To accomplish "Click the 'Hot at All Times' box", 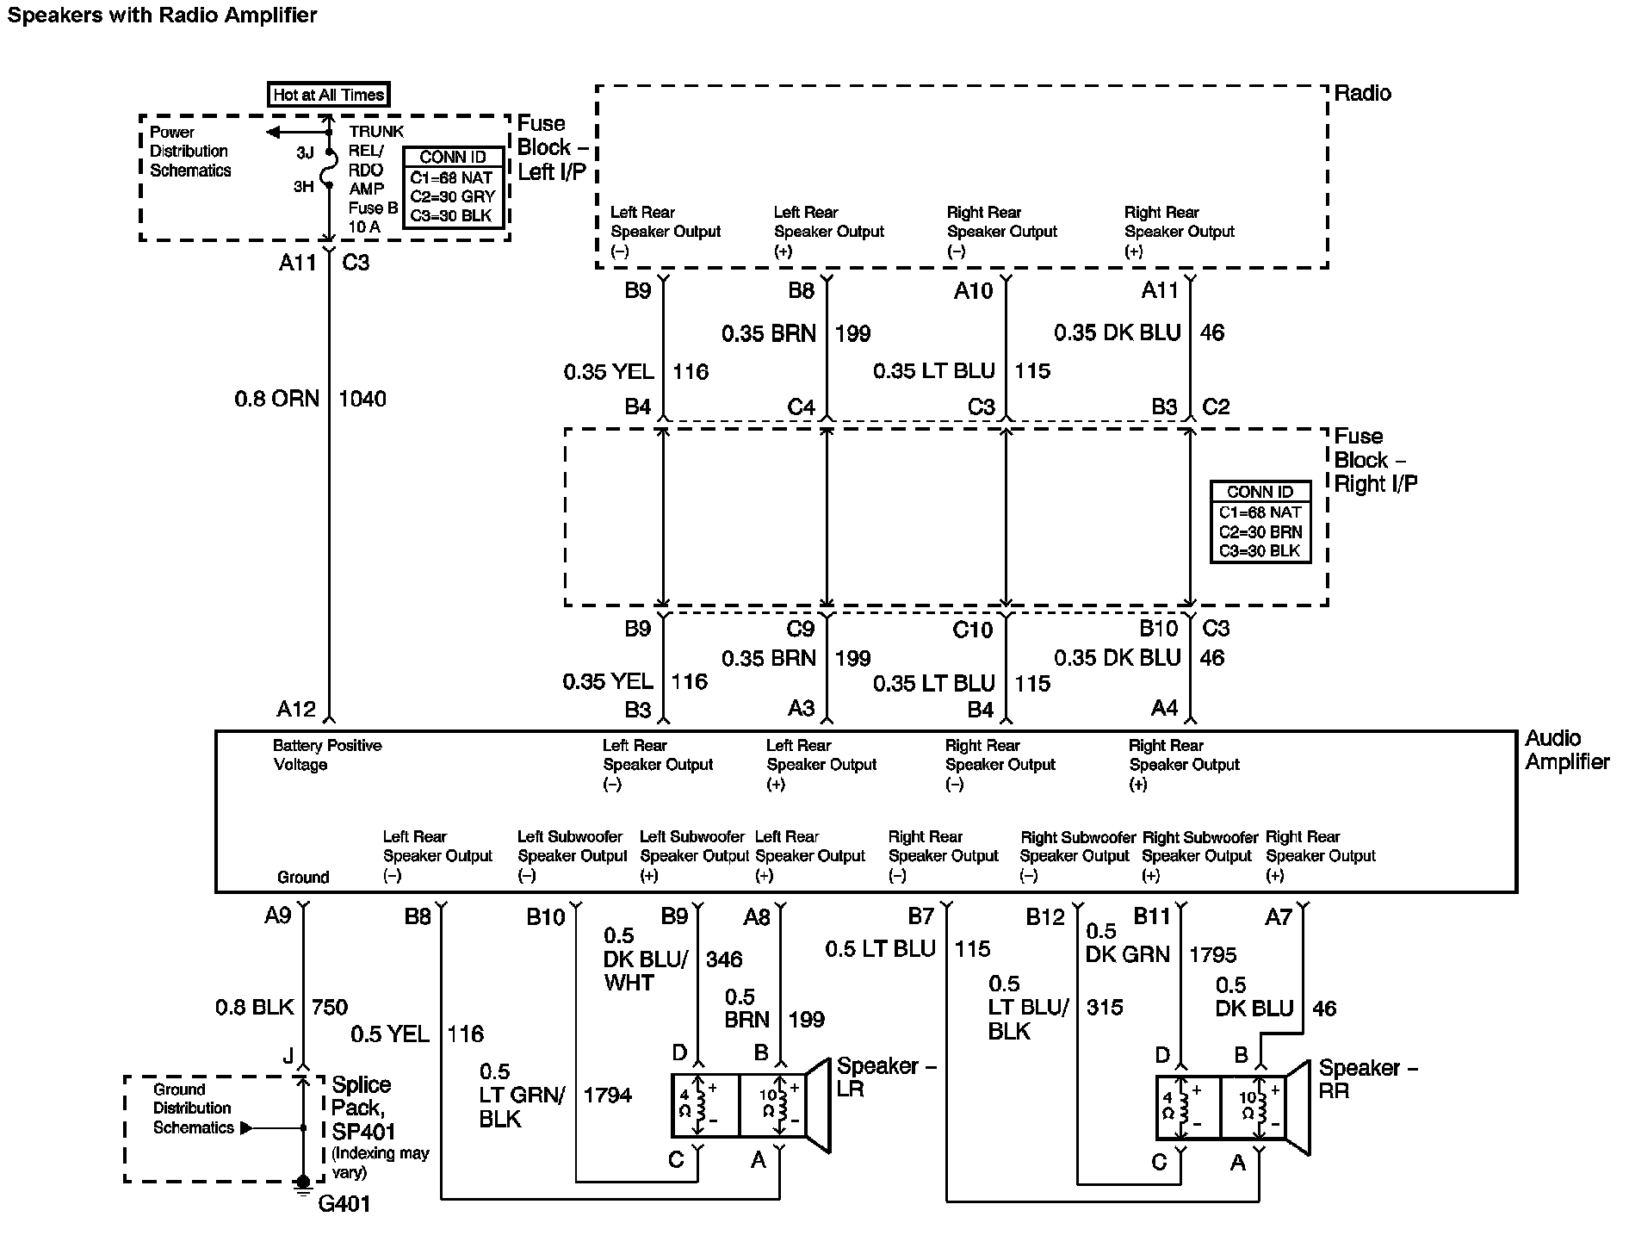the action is pyautogui.click(x=328, y=95).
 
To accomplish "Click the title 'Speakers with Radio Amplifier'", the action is pyautogui.click(x=163, y=16).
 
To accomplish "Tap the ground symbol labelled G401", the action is pyautogui.click(x=302, y=1187).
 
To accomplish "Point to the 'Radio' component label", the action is pyautogui.click(x=1363, y=93).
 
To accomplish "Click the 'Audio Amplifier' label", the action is pyautogui.click(x=1567, y=750).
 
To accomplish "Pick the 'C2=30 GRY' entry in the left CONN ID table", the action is pyautogui.click(x=453, y=196).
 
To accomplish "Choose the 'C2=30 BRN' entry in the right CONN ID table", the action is pyautogui.click(x=1260, y=531).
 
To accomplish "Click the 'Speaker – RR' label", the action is pyautogui.click(x=1368, y=1079).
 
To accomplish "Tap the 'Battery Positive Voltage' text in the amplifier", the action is pyautogui.click(x=327, y=754).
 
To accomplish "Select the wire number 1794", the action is pyautogui.click(x=608, y=1095).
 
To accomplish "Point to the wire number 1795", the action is pyautogui.click(x=1212, y=954).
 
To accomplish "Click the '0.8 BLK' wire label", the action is pyautogui.click(x=255, y=1007).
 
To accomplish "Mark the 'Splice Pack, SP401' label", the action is pyautogui.click(x=362, y=1108).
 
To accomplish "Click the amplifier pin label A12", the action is pyautogui.click(x=296, y=709).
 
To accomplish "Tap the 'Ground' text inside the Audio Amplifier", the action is pyautogui.click(x=303, y=877).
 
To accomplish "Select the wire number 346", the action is pyautogui.click(x=724, y=959).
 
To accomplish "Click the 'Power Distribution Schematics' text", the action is pyautogui.click(x=190, y=151).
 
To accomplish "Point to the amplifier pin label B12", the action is pyautogui.click(x=1045, y=916).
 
